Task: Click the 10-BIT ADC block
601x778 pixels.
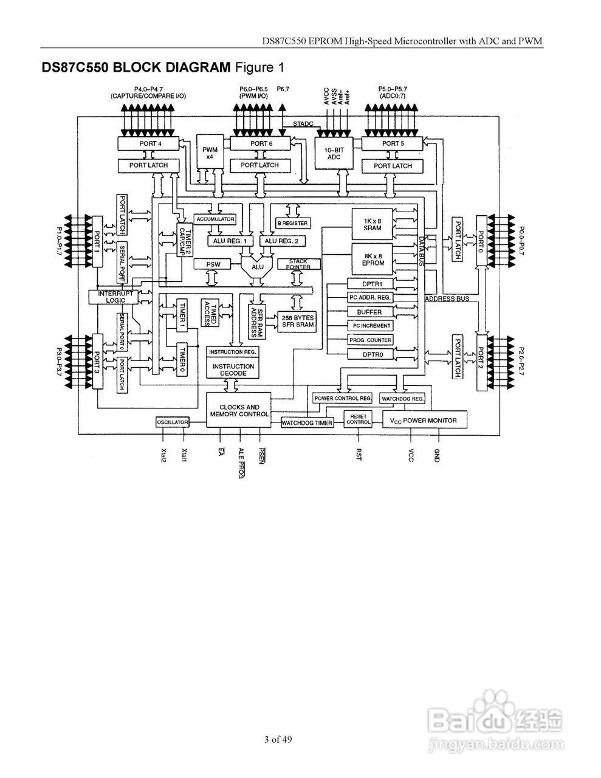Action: click(x=333, y=153)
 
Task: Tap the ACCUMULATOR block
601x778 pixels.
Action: click(x=215, y=219)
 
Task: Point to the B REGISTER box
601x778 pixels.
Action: click(x=293, y=223)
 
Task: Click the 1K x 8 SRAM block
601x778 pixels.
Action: click(x=373, y=224)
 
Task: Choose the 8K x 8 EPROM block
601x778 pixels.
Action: click(x=373, y=260)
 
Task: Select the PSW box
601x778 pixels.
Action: click(x=213, y=265)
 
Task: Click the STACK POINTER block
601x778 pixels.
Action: click(x=298, y=264)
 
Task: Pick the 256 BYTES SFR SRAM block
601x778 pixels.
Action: click(x=298, y=321)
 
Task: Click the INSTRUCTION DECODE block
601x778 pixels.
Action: click(x=233, y=370)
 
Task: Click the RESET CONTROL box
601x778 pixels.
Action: click(x=359, y=419)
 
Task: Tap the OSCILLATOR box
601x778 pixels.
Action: click(x=173, y=422)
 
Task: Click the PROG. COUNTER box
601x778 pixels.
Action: click(x=370, y=340)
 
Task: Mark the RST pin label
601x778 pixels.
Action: click(x=359, y=455)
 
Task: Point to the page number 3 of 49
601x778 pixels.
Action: click(x=278, y=740)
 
